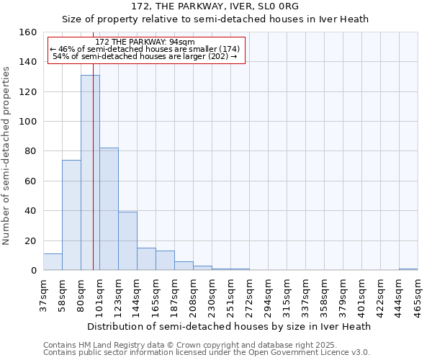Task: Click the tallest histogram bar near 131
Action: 90,173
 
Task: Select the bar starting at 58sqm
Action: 71,215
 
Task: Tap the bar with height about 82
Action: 109,209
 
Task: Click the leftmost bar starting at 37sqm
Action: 53,262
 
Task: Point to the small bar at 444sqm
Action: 408,269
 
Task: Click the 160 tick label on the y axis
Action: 28,32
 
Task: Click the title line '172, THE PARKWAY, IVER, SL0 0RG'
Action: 215,6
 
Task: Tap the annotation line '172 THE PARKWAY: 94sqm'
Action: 145,42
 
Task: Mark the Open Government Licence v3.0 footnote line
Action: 207,352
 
